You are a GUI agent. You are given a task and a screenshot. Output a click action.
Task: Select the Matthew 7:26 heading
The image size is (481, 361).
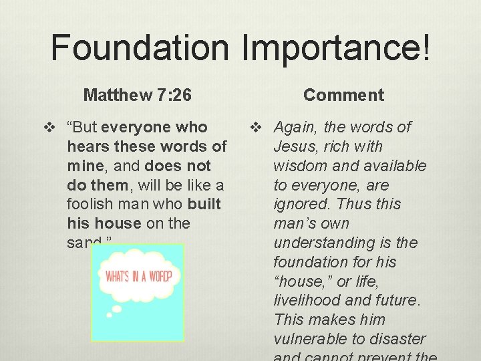click(x=137, y=95)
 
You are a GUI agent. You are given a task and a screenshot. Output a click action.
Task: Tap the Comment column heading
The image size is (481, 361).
click(x=343, y=95)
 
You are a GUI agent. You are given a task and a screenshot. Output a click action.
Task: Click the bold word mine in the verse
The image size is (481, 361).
click(x=82, y=166)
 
